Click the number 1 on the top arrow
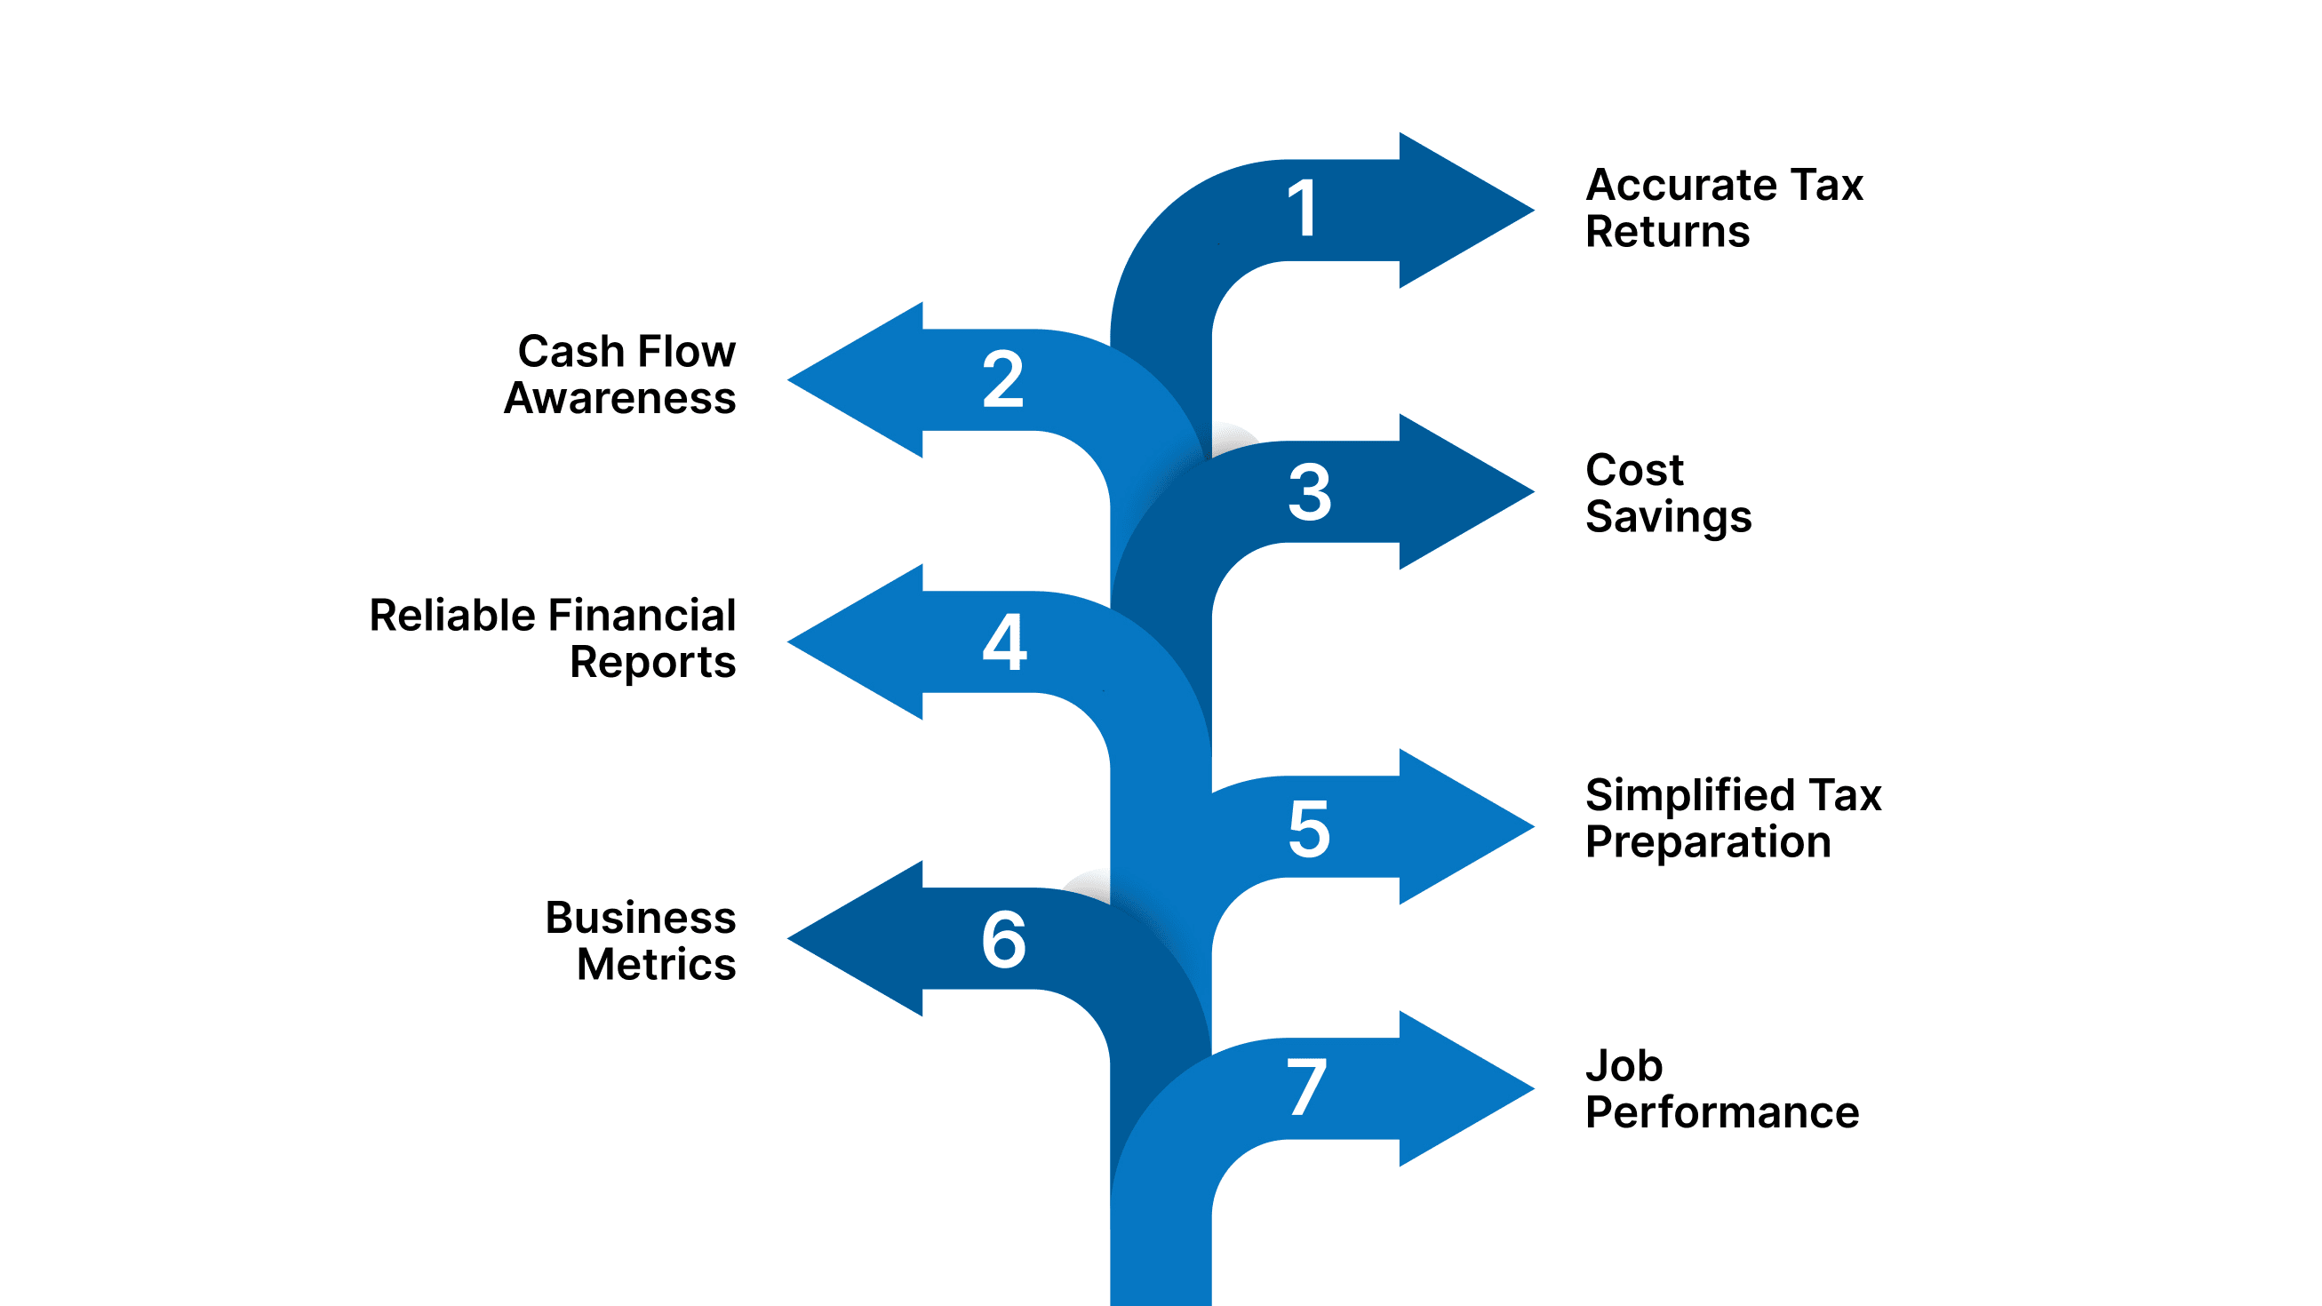click(1305, 208)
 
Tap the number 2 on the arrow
click(1003, 379)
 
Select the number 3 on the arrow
click(1309, 492)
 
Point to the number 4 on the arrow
click(1004, 641)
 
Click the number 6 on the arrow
click(1003, 939)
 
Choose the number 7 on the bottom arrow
click(1306, 1087)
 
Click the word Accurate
click(1681, 186)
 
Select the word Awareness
click(620, 398)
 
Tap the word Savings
click(1669, 517)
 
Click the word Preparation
click(1708, 843)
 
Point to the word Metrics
click(656, 965)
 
